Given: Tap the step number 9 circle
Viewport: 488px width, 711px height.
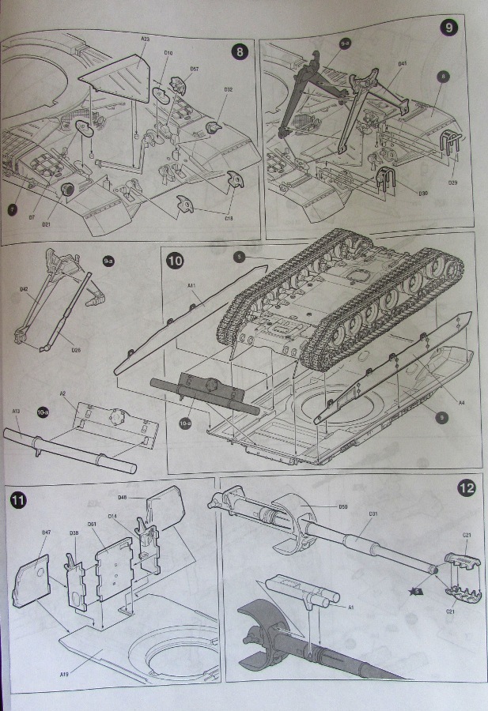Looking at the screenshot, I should pos(449,28).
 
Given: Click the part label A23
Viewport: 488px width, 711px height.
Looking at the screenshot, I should pos(146,38).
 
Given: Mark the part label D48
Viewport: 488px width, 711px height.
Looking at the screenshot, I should pos(123,497).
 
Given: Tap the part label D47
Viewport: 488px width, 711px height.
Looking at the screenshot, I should pos(46,532).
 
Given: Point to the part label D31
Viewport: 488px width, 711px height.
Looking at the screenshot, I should pos(372,514).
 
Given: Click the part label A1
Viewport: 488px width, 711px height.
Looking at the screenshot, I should pos(352,607).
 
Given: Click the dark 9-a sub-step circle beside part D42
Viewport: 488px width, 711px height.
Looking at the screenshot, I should pos(109,260).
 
